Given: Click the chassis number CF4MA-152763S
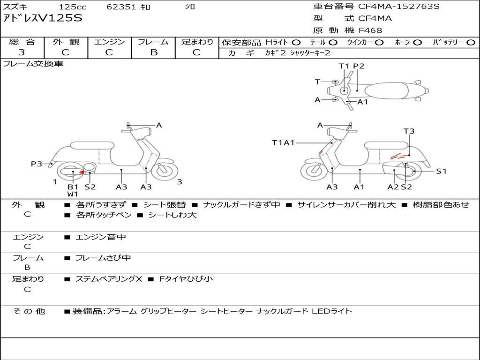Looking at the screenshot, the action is [398, 6].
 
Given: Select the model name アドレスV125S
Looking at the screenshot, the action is [43, 18].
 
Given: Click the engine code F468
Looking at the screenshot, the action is [370, 30].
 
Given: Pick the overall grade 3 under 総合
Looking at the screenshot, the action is [22, 52].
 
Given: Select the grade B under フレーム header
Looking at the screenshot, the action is [154, 52].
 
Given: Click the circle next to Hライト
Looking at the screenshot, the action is [296, 43].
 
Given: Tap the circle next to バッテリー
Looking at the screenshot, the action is [471, 43].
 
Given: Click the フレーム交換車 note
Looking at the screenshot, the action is [33, 64].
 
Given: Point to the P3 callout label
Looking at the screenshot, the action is [37, 164].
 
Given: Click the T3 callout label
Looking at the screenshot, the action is [409, 131].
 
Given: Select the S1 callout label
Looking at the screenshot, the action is [441, 171].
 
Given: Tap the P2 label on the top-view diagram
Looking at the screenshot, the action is [359, 66].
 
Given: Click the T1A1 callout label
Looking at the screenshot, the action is [283, 142].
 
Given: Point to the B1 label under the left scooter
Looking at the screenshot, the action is [73, 187].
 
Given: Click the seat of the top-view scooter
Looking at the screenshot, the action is [387, 90].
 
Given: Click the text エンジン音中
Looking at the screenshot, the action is [101, 237].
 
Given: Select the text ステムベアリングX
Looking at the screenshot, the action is [109, 279].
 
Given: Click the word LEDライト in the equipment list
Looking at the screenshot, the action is [332, 311].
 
